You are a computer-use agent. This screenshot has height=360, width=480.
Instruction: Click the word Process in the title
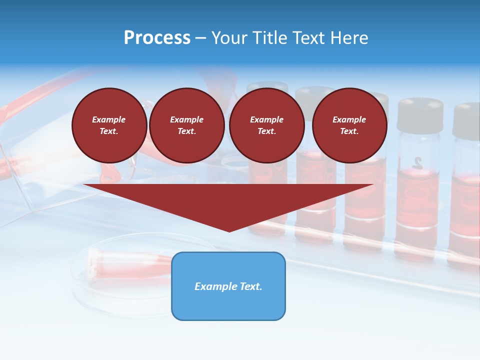pos(157,38)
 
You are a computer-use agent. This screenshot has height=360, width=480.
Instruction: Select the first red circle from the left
pos(109,125)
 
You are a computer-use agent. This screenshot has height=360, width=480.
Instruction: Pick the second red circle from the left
pos(186,125)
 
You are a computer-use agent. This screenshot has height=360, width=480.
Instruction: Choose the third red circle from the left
pos(266,125)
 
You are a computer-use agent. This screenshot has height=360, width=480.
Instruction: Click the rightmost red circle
pos(349,125)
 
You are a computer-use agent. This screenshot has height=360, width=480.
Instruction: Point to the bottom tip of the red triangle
pos(229,231)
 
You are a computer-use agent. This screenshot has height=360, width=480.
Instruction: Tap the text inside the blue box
pos(228,286)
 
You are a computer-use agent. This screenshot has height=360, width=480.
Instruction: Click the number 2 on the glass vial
pos(418,162)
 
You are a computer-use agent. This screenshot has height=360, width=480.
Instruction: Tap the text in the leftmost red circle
pos(109,125)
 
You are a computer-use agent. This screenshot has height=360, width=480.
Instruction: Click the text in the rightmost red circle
pos(349,125)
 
